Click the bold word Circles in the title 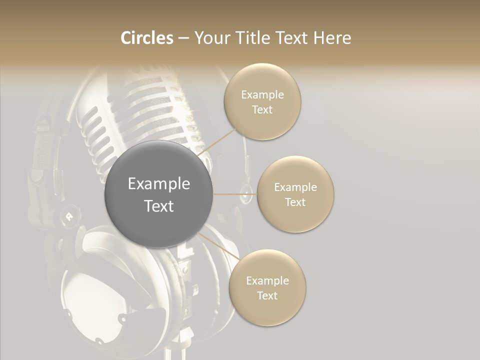pyautogui.click(x=146, y=38)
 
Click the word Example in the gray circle pyautogui.click(x=159, y=184)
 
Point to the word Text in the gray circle pyautogui.click(x=159, y=206)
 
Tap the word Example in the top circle pyautogui.click(x=262, y=95)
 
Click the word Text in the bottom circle pyautogui.click(x=267, y=296)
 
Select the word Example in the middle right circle pyautogui.click(x=295, y=187)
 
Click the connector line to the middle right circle pyautogui.click(x=235, y=194)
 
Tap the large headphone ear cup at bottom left pyautogui.click(x=92, y=290)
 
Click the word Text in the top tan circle pyautogui.click(x=262, y=110)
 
